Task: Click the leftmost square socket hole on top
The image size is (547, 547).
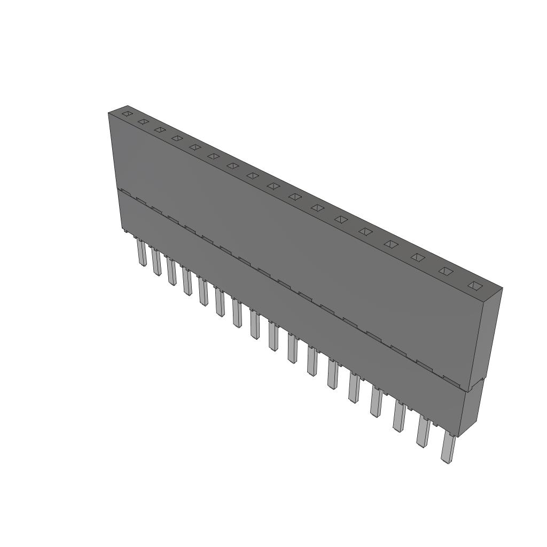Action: [x=127, y=113]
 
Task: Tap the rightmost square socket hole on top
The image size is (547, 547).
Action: [x=474, y=285]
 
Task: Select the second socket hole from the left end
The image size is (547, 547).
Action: [x=143, y=122]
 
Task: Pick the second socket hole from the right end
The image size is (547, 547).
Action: [x=446, y=271]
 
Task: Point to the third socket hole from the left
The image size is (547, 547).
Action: [x=159, y=130]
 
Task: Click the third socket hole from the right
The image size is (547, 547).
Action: [x=417, y=257]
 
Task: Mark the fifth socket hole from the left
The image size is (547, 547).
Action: [x=195, y=147]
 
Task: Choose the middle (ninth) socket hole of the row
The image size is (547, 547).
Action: [x=273, y=186]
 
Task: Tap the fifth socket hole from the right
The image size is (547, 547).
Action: [x=365, y=231]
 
